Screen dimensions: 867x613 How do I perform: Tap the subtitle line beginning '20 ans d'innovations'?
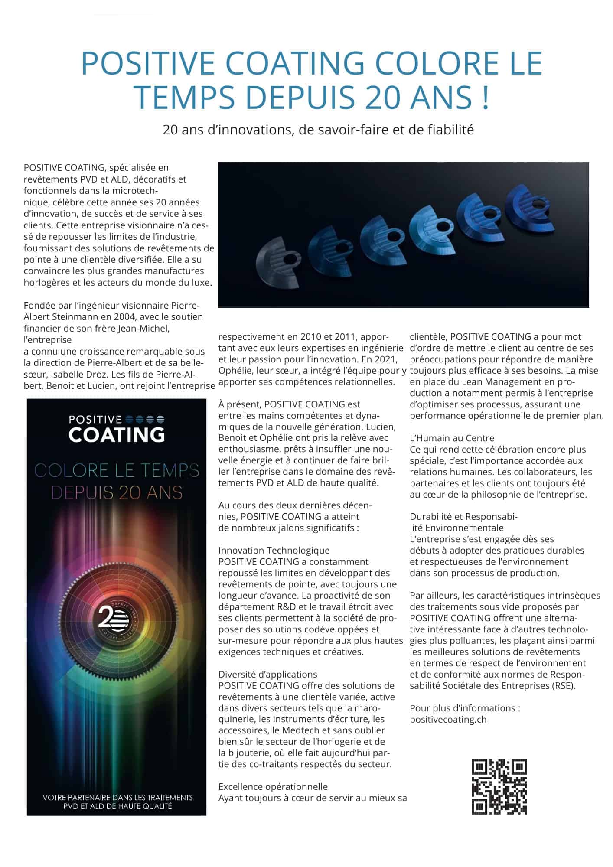coord(318,130)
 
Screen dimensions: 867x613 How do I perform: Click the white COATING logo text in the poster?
coord(117,435)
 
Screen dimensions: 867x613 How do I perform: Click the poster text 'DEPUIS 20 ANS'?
coord(117,492)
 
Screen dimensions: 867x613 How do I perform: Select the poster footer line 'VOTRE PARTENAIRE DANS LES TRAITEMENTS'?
coord(117,798)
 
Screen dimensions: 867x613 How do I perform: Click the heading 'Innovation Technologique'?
coord(274,551)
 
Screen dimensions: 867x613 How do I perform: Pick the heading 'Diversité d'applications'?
coord(267,675)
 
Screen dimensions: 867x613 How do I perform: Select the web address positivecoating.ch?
coord(448,720)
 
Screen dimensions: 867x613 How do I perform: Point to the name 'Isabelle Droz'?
coord(84,374)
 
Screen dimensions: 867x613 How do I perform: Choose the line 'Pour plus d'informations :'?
coord(465,708)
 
